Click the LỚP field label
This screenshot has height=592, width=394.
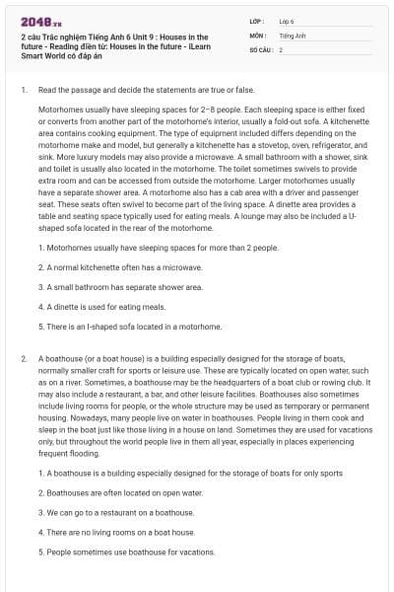click(256, 21)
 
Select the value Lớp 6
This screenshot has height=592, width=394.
click(287, 21)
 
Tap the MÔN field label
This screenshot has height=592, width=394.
click(257, 35)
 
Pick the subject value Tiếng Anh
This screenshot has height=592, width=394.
click(293, 35)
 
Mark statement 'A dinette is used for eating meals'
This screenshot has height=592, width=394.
click(102, 307)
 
